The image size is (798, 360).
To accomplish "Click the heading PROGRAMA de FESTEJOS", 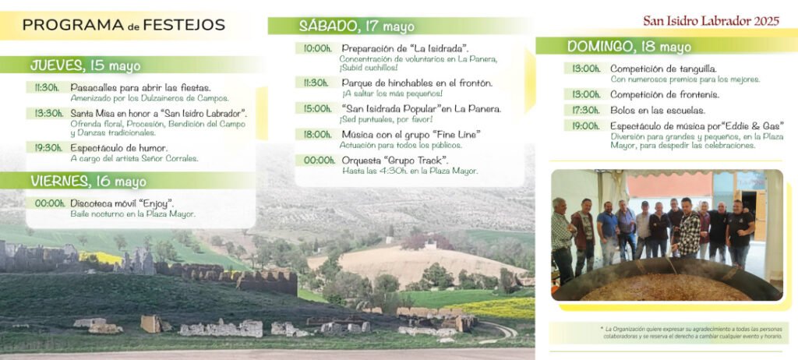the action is point(124,25).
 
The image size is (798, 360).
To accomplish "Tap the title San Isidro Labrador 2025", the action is point(711,21).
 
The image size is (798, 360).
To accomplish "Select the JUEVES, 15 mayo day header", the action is point(86,65).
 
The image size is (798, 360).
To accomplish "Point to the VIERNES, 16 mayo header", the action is point(88,182).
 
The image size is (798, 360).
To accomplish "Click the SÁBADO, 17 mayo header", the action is point(356,26).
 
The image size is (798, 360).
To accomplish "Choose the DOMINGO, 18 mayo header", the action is point(629,46).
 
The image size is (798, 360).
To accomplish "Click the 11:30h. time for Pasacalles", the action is point(47,87).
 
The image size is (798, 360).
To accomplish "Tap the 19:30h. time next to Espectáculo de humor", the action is point(48,148).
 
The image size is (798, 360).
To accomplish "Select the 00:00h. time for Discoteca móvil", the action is point(50,203).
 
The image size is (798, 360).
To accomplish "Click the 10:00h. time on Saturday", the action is point(318,49).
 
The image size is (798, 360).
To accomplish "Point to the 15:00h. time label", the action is point(318,108).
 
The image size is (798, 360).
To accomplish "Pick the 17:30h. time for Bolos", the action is point(586,111).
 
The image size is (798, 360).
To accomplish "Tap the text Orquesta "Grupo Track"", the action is point(395,161).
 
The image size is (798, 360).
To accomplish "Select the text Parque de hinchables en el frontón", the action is point(417,83).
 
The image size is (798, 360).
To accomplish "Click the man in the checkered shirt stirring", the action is point(687,228).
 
